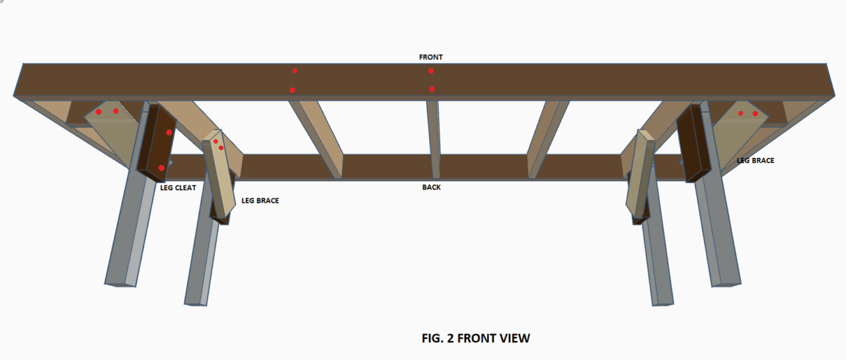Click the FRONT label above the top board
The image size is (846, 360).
click(430, 57)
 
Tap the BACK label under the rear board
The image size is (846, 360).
click(432, 187)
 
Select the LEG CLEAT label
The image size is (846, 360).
click(178, 188)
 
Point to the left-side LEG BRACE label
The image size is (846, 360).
click(260, 200)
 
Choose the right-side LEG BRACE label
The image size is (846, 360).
click(755, 161)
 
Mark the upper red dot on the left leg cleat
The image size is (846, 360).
click(169, 133)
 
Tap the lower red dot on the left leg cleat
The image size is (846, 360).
click(161, 168)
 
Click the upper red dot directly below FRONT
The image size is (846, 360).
click(431, 71)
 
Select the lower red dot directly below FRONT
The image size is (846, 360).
click(432, 89)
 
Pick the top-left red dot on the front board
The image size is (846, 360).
click(295, 71)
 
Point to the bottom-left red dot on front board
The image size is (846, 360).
click(292, 90)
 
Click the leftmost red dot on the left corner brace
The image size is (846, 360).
click(98, 112)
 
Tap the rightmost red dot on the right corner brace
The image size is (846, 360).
click(755, 114)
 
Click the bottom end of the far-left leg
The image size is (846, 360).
click(120, 284)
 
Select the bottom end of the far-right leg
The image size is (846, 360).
click(726, 284)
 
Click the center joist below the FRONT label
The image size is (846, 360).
click(434, 139)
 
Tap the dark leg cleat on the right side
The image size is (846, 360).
click(693, 143)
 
